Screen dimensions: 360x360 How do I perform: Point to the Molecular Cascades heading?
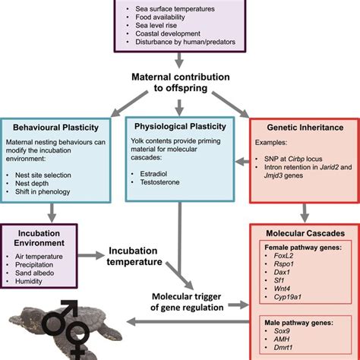(302, 235)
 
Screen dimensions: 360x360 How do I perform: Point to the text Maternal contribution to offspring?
(179, 82)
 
